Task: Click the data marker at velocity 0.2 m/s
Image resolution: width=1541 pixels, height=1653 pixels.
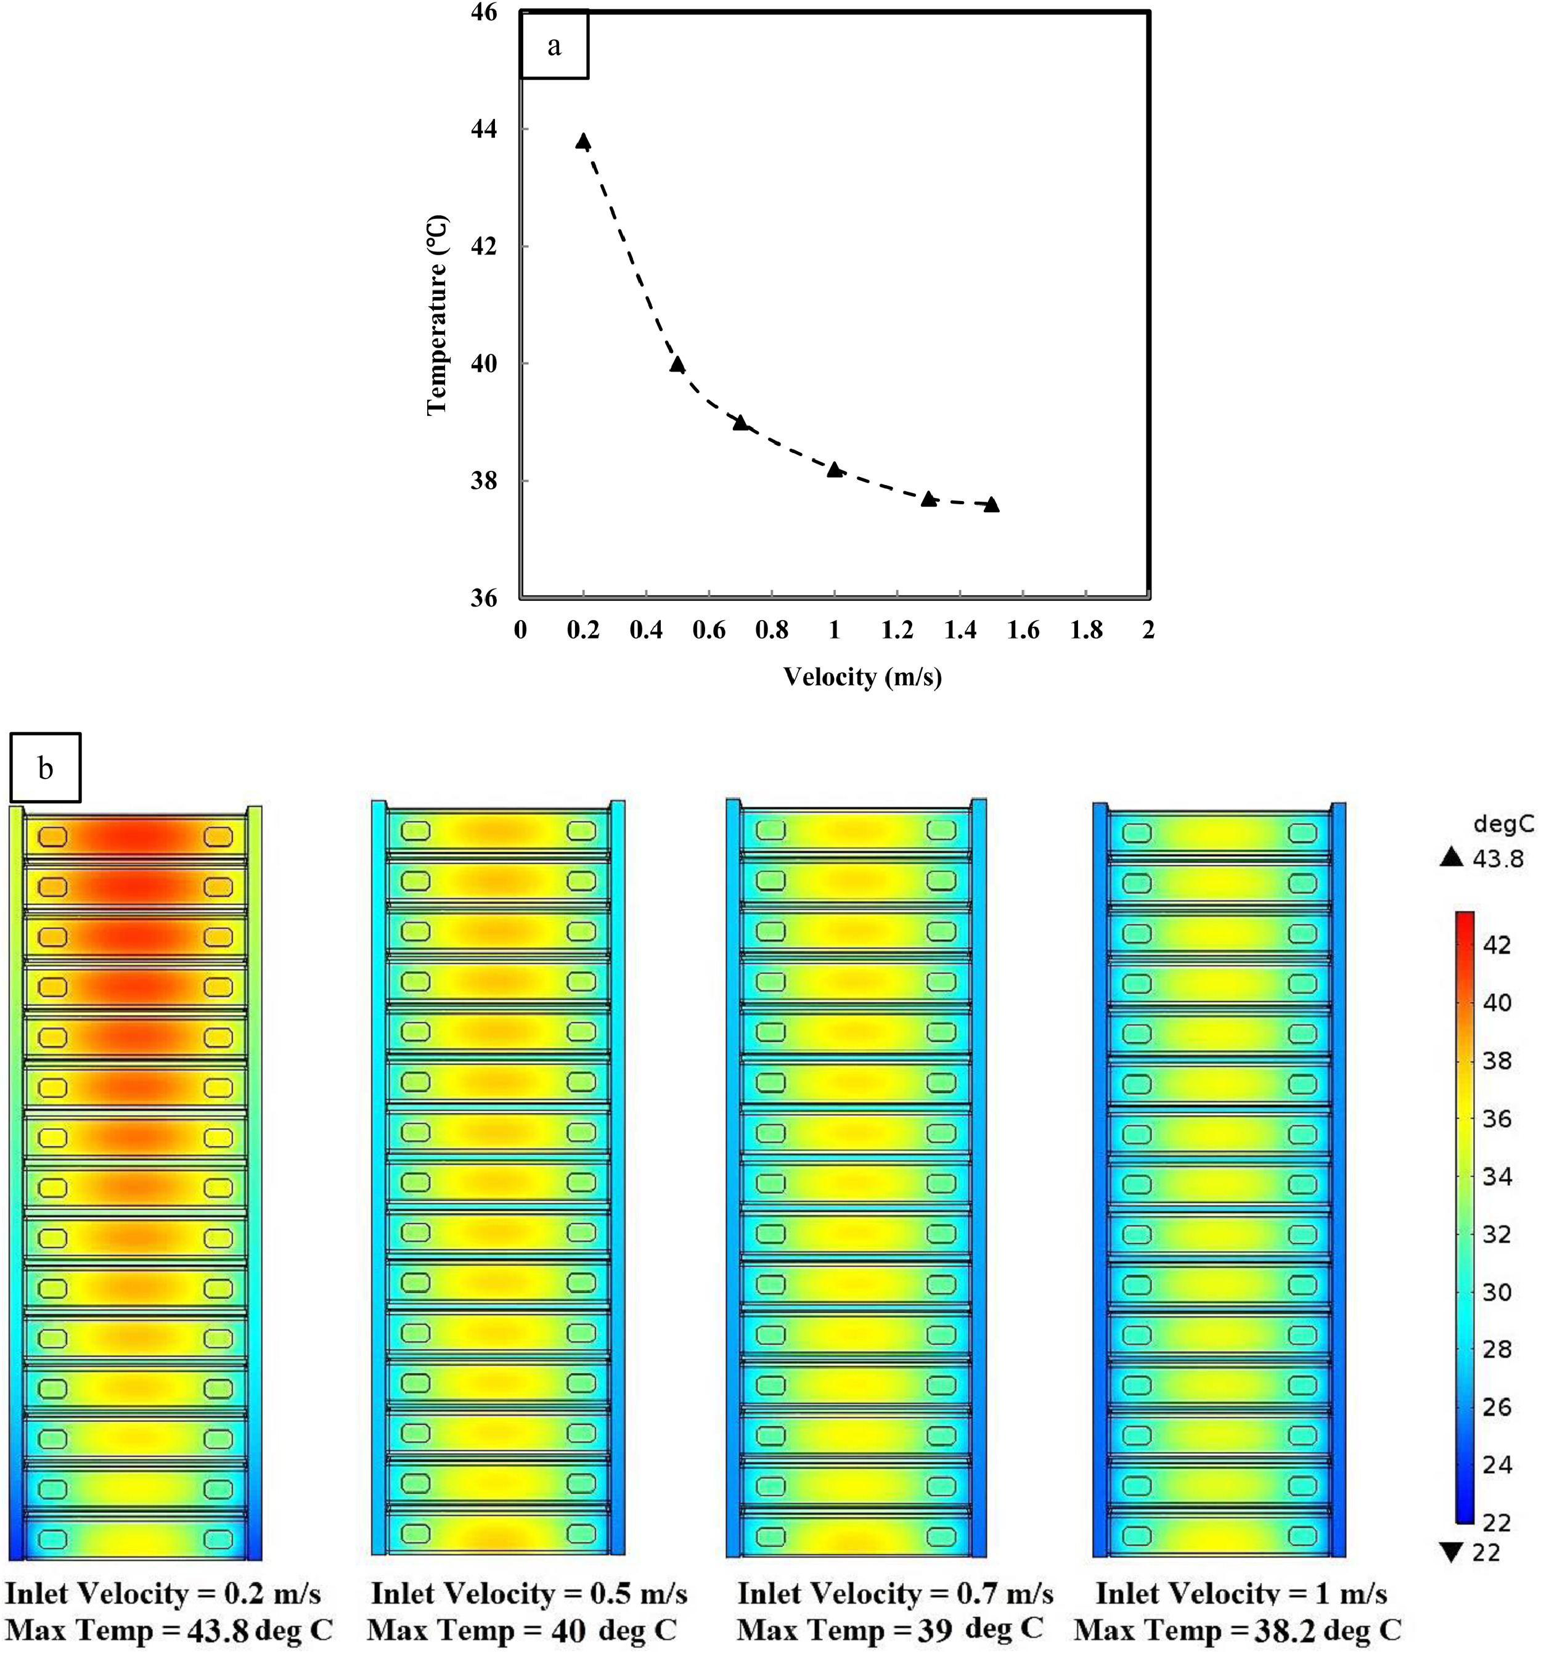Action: (583, 141)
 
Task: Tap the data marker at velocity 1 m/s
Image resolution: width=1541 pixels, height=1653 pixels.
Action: (835, 470)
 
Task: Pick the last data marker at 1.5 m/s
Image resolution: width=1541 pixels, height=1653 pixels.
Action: (991, 505)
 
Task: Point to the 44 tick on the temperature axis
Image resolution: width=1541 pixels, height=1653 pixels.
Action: (483, 129)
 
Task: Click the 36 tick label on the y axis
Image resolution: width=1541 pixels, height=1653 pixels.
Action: (483, 598)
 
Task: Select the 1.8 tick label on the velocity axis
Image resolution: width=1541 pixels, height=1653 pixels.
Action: (1086, 631)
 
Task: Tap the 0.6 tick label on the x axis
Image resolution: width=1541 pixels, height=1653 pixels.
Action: (708, 631)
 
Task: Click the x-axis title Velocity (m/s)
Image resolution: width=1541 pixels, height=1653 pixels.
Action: (862, 677)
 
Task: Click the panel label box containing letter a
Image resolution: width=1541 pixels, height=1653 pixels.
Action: (554, 46)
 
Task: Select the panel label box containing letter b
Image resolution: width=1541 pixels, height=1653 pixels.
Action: (46, 767)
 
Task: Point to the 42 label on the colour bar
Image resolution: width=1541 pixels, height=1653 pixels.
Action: (1497, 945)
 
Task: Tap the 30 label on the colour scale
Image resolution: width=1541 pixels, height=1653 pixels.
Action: (1497, 1292)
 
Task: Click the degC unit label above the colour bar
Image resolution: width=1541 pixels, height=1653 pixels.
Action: (1503, 824)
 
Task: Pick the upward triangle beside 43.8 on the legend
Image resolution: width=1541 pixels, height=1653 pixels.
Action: (1451, 857)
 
